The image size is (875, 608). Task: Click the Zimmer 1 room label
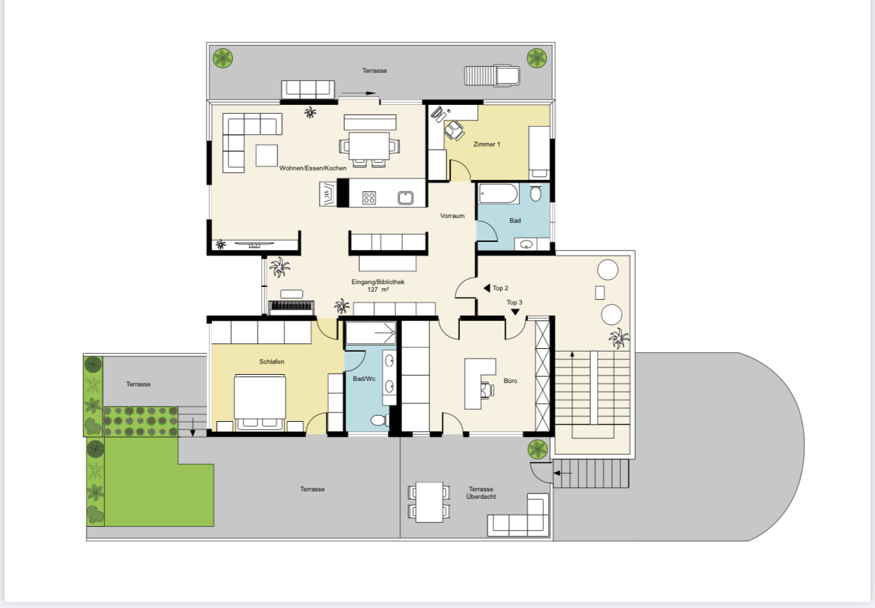point(487,145)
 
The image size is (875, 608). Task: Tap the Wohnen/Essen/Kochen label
point(313,168)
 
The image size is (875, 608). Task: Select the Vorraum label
point(452,215)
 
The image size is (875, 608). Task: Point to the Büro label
point(510,380)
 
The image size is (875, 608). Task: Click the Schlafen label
point(271,362)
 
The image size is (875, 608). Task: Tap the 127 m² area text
point(378,290)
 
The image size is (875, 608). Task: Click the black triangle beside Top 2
point(487,288)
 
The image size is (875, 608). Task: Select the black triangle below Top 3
point(515,311)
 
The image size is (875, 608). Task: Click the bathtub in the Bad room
point(498,194)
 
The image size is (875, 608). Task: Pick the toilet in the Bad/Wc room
point(379,421)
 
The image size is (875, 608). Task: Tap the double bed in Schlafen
point(260,402)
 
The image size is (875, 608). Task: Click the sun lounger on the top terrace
point(492,76)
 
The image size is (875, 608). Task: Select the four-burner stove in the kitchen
point(369,198)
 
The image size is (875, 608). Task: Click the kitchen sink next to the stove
point(405,198)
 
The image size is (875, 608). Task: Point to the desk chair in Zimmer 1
point(455,130)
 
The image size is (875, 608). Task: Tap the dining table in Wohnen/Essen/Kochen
point(369,146)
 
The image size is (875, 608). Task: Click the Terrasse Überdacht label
point(481,493)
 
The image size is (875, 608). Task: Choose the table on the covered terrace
point(429,502)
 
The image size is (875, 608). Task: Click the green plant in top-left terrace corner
point(223,58)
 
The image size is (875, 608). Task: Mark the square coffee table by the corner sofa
point(267,155)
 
